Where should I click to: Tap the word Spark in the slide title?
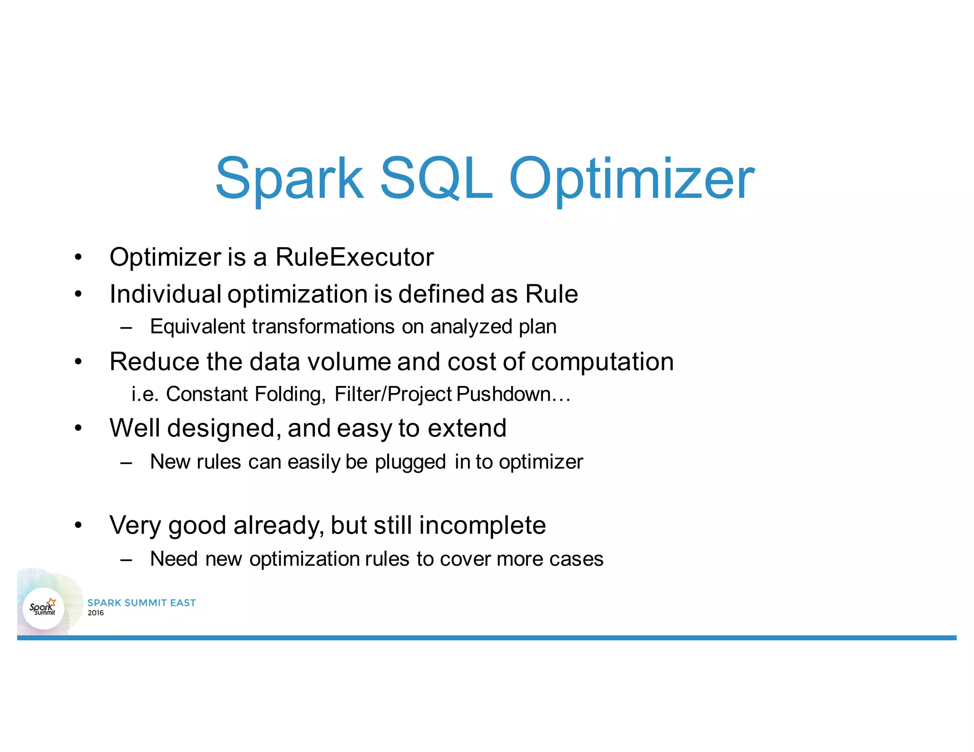[290, 180]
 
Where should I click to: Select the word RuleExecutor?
[354, 257]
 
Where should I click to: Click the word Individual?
[165, 294]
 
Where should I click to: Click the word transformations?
[323, 327]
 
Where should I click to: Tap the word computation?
[602, 362]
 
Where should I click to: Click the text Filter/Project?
[393, 395]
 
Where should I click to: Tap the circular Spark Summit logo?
[43, 608]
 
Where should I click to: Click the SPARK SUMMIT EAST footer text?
[141, 603]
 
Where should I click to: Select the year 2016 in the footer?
[96, 613]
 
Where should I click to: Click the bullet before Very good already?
[78, 525]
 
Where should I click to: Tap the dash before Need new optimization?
[126, 559]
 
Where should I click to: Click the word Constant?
[206, 394]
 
